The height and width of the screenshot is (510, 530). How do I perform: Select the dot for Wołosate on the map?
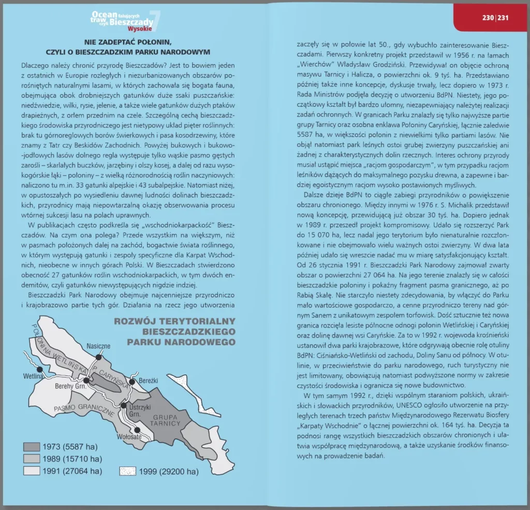(137, 430)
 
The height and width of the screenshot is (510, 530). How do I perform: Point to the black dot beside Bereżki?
(132, 382)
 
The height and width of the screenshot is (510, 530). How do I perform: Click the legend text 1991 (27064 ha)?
(72, 471)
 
